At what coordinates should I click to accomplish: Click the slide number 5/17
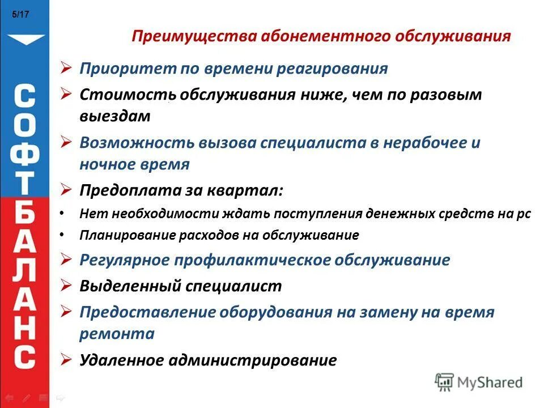(20, 15)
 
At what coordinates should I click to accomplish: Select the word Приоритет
(128, 69)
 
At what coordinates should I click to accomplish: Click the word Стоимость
(127, 95)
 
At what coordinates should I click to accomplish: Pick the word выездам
(115, 116)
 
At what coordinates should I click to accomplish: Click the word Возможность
(137, 143)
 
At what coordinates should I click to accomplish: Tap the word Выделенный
(130, 286)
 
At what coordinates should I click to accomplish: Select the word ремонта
(117, 334)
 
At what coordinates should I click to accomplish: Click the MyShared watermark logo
(479, 382)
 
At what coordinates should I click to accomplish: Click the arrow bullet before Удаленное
(66, 359)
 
